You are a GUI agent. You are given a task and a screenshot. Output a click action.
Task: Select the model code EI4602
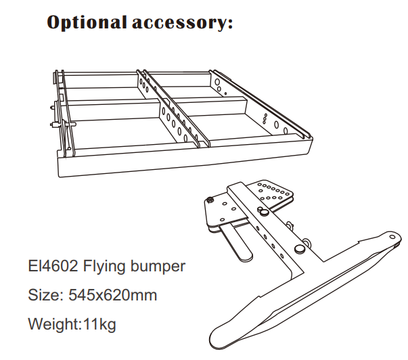click(x=52, y=266)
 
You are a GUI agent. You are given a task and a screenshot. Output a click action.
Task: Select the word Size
click(x=44, y=295)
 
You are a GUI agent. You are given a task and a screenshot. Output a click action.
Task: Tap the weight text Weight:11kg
click(x=72, y=323)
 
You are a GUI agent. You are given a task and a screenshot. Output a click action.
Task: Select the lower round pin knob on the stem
click(x=298, y=250)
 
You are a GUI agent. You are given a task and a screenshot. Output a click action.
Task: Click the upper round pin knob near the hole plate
click(x=265, y=211)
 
